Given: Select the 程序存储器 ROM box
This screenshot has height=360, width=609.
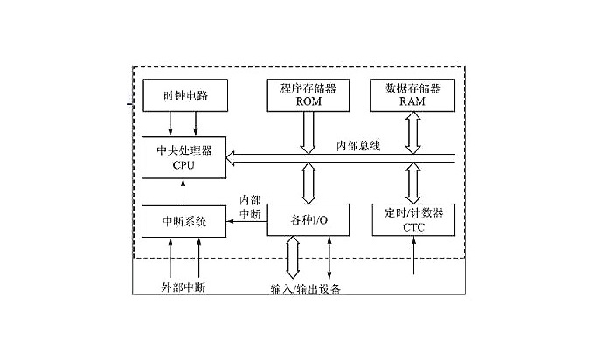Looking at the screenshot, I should tap(308, 94).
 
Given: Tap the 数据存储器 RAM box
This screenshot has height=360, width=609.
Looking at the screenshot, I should tap(412, 94).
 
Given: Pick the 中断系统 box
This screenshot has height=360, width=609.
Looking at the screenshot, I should tap(183, 220).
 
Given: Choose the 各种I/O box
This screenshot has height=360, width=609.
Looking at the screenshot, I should tap(308, 220).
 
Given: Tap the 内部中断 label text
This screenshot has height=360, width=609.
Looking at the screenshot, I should tap(249, 206).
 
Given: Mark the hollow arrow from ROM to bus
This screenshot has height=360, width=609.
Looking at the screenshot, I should tap(308, 131).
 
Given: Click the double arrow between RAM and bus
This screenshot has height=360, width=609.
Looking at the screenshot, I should tap(412, 131).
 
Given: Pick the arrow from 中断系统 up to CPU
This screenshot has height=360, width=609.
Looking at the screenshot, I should tap(183, 190).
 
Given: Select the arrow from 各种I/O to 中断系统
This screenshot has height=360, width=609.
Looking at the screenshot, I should tap(247, 221).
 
